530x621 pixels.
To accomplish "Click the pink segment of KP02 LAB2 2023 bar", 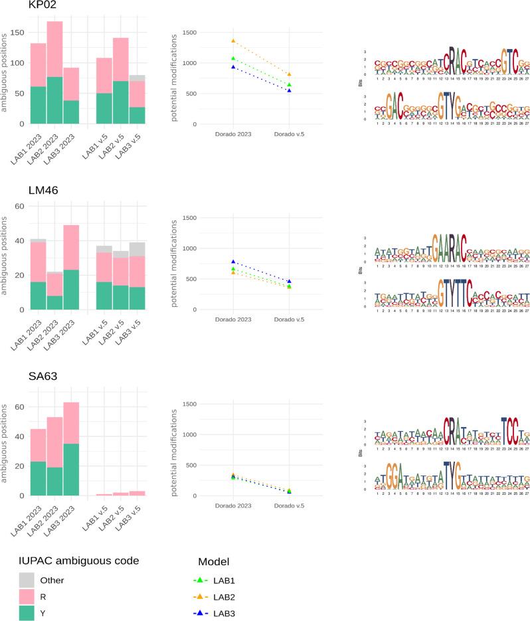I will (x=54, y=49).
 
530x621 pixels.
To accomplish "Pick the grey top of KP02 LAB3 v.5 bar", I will (x=137, y=78).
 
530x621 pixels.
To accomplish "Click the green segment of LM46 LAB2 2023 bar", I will (x=54, y=302).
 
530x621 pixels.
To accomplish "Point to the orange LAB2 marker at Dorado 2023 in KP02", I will (x=233, y=41).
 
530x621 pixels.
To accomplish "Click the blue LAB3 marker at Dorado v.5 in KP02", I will (x=289, y=90).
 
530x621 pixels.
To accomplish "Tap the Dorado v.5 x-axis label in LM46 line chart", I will (x=289, y=320).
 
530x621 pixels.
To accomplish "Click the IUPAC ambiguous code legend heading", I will (x=78, y=561).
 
